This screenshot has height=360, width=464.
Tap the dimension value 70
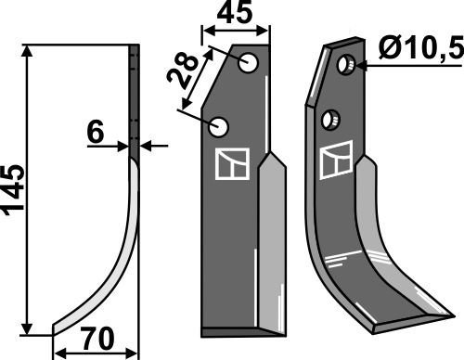pos(97,340)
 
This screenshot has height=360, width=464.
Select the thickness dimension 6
pos(96,132)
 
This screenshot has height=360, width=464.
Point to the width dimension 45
pos(234,13)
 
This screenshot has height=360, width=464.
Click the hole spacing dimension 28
pos(183,73)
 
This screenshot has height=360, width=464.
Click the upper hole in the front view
pos(249,63)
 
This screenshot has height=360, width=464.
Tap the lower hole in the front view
pos(218,127)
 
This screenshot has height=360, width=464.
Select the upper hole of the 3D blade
pos(346,65)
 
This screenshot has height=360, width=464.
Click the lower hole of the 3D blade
pos(330,120)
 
